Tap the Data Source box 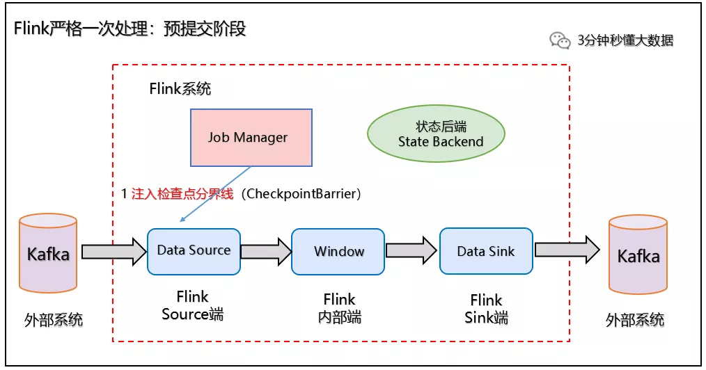pos(194,250)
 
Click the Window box pos(338,251)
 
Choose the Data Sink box pos(485,251)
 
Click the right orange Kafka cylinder pos(638,255)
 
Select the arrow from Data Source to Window pos(266,251)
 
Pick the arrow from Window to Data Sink pos(412,251)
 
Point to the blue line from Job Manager pos(216,194)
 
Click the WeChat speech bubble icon pos(560,40)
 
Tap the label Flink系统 pos(180,89)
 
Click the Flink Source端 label pos(193,305)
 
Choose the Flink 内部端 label pos(339,308)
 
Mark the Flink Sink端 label pos(486,309)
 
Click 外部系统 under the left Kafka pos(54,320)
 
